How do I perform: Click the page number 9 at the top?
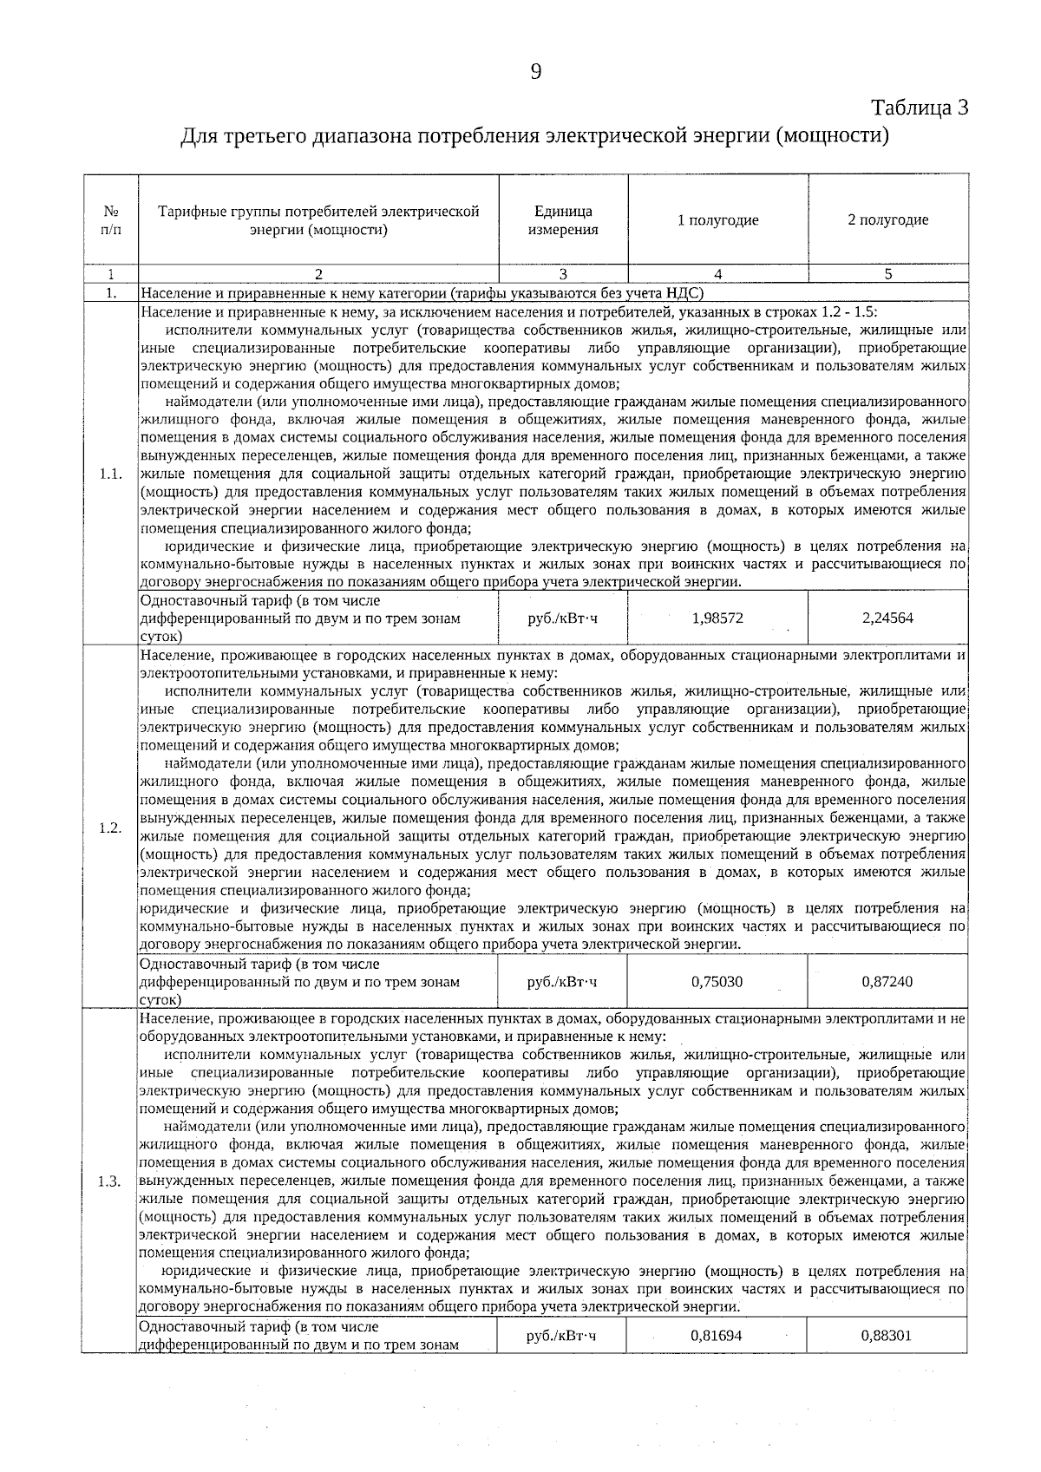pyautogui.click(x=535, y=72)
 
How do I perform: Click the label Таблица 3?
pyautogui.click(x=920, y=108)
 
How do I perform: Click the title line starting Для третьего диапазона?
pyautogui.click(x=535, y=136)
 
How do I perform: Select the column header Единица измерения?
pyautogui.click(x=563, y=220)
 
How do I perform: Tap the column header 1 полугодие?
pyautogui.click(x=717, y=220)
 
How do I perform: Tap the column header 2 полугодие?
pyautogui.click(x=887, y=220)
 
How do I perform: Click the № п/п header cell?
pyautogui.click(x=111, y=220)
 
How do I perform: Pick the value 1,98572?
pyautogui.click(x=717, y=618)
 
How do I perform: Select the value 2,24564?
pyautogui.click(x=887, y=618)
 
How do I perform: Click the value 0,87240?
pyautogui.click(x=887, y=982)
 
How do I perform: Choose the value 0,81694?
pyautogui.click(x=716, y=1335)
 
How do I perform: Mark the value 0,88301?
pyautogui.click(x=886, y=1335)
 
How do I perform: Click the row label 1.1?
pyautogui.click(x=110, y=474)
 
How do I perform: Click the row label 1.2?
pyautogui.click(x=110, y=828)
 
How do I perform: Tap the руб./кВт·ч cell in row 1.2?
pyautogui.click(x=562, y=982)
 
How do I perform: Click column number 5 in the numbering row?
pyautogui.click(x=887, y=274)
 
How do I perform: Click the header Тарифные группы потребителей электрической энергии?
pyautogui.click(x=318, y=220)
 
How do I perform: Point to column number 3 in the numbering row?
pyautogui.click(x=563, y=274)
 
